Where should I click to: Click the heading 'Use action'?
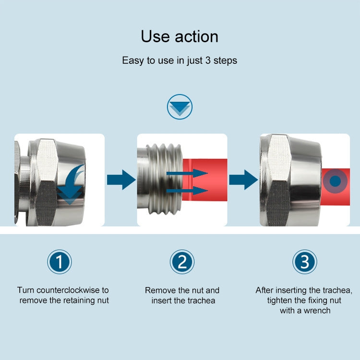[x=180, y=36]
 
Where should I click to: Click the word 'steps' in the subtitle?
[x=225, y=61]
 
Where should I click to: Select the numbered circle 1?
[x=60, y=262]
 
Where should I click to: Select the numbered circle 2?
[x=182, y=262]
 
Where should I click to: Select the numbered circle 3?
[x=305, y=262]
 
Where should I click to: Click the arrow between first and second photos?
[x=121, y=180]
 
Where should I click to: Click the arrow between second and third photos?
[x=244, y=180]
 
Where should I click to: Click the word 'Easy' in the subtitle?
[x=132, y=61]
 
